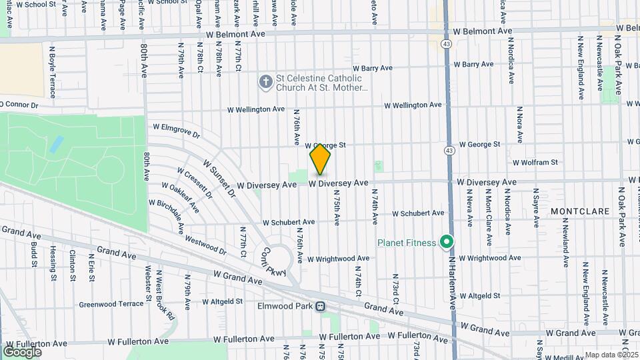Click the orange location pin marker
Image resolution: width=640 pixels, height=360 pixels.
coord(320,159)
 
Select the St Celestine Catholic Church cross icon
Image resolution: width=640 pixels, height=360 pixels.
coord(265,82)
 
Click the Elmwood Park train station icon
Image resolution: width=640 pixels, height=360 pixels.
coord(321,307)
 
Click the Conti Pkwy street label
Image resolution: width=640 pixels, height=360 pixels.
coord(273,263)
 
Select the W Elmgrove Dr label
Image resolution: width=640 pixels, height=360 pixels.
coord(176,130)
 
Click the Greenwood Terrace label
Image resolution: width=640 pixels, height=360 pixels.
coord(111,304)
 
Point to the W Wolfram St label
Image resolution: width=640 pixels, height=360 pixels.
coord(535,162)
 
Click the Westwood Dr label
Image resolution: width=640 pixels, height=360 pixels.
coord(205,244)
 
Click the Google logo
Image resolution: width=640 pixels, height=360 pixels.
coord(22,351)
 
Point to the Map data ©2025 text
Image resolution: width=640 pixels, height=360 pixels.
coord(611,355)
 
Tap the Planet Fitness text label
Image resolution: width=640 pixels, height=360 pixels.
coord(407,243)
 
